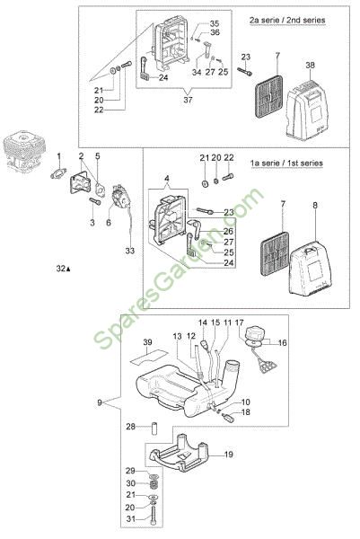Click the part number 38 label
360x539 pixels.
(310, 65)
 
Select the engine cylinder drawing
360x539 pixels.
(23, 151)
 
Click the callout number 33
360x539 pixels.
(130, 251)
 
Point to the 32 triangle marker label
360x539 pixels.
(63, 269)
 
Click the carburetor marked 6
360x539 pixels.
(120, 197)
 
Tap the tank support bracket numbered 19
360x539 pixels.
(180, 454)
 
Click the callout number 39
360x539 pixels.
(147, 342)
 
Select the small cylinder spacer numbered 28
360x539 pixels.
(154, 426)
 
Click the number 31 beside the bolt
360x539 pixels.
(130, 518)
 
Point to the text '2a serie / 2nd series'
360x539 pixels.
(287, 20)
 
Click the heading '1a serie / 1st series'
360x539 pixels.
(286, 163)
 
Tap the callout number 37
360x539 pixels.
(188, 100)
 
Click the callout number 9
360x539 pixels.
(100, 402)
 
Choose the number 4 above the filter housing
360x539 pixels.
(167, 179)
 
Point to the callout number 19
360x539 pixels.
(228, 455)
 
